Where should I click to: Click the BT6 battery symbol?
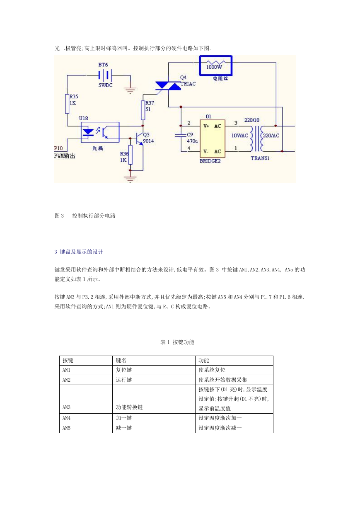click(x=105, y=75)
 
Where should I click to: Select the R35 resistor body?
click(x=67, y=104)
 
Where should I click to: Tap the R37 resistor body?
click(x=143, y=110)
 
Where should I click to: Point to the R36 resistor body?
click(x=130, y=155)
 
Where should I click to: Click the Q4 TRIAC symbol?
click(x=168, y=86)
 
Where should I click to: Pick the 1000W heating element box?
click(x=216, y=65)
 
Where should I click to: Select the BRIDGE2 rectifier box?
click(x=213, y=138)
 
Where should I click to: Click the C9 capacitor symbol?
click(x=181, y=136)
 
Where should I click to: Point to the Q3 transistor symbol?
click(x=139, y=138)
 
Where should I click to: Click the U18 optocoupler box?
click(x=100, y=132)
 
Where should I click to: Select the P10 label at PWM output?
click(x=58, y=148)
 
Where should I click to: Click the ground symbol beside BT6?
click(x=130, y=90)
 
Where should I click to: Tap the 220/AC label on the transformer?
click(x=271, y=136)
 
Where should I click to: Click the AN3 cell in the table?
click(x=66, y=407)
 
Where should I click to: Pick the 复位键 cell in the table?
click(x=124, y=370)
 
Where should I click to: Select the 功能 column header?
click(x=204, y=360)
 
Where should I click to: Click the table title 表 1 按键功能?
click(x=177, y=342)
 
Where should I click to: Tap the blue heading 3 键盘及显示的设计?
click(x=79, y=252)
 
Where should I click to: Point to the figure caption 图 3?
click(x=59, y=216)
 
